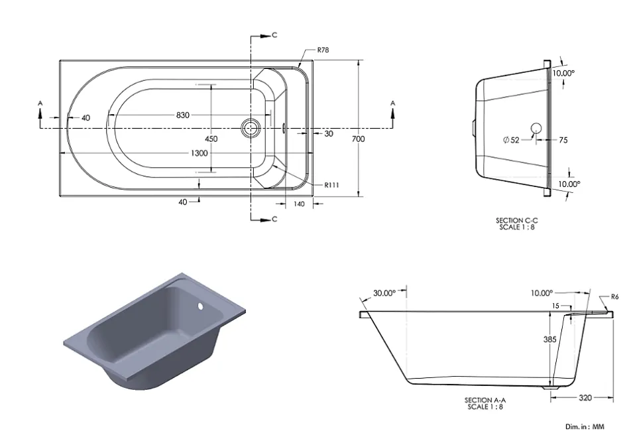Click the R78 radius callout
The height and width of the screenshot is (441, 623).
pos(323,50)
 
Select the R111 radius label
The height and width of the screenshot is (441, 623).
pos(332,185)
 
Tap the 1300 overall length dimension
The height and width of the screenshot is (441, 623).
pos(199,153)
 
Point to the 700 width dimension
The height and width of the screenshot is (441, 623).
pos(358,139)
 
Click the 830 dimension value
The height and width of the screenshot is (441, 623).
pos(183,115)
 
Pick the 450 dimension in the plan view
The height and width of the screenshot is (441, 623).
pos(211,139)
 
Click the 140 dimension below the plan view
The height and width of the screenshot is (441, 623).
pos(299,204)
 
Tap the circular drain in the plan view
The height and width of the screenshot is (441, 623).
pos(251,128)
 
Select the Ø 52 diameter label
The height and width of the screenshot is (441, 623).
pos(511,140)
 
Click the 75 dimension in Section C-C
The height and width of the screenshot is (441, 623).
pos(563,140)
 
